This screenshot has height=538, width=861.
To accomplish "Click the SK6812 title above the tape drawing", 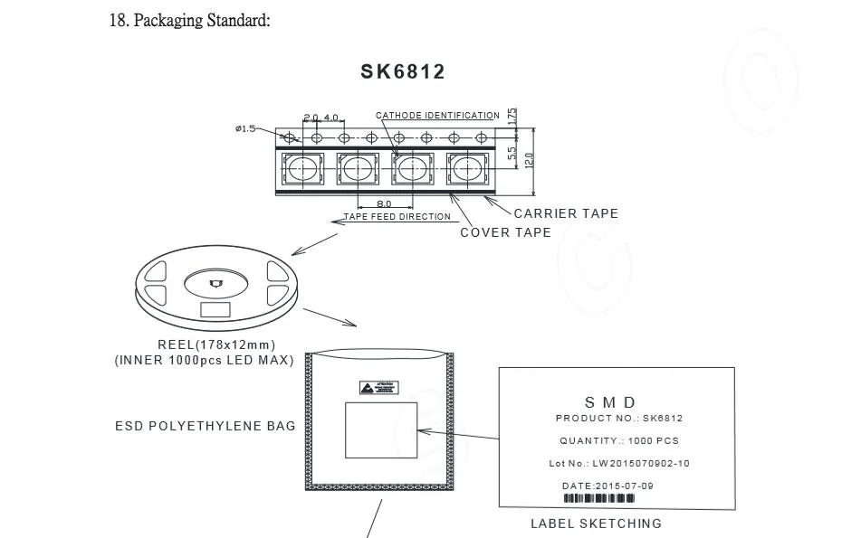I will click(403, 72).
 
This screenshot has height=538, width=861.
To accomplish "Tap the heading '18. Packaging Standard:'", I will click(189, 21).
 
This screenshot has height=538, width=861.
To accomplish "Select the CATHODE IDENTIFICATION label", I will click(437, 116).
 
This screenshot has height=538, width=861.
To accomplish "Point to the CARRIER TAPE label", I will click(566, 213).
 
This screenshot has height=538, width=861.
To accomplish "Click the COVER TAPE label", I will click(505, 232).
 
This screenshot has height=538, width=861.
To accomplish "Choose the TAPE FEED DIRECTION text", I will click(397, 217).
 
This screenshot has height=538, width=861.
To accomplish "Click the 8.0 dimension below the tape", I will click(384, 204).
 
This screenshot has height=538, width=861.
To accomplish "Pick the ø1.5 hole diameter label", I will click(244, 128).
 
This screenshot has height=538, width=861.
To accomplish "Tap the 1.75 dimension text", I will click(512, 117).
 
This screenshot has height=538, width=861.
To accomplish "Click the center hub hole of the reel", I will click(215, 284).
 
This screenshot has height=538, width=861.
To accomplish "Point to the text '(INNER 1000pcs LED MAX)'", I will click(204, 360).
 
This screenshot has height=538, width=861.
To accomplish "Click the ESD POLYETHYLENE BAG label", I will click(205, 426).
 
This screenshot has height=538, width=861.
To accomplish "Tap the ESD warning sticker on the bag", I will click(379, 389).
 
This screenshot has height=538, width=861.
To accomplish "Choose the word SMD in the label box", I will click(610, 402).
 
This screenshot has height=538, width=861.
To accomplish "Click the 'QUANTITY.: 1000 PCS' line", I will click(619, 440).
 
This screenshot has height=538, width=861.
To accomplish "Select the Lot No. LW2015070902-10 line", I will click(619, 463).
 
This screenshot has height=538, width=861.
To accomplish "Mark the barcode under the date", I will click(599, 499).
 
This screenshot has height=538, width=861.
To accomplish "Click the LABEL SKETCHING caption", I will click(596, 524).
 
